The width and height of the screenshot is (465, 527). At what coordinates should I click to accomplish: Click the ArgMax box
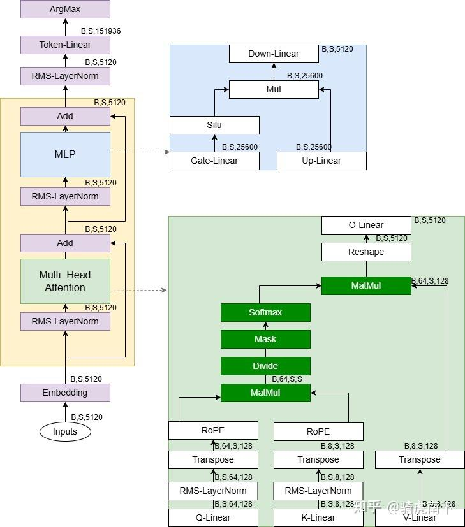click(65, 9)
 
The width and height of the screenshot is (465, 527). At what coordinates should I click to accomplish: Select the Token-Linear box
click(65, 45)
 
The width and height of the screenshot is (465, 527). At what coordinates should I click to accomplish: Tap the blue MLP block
click(65, 154)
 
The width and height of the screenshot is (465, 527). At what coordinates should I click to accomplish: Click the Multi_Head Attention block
click(65, 281)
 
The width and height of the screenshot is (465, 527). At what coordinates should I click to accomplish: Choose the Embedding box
click(65, 393)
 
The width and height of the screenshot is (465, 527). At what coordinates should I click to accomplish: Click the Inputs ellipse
click(65, 431)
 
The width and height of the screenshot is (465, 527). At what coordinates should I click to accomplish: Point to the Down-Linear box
click(274, 54)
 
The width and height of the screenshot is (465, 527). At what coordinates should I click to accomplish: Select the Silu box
click(214, 125)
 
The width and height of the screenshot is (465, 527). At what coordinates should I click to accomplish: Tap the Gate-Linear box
click(214, 161)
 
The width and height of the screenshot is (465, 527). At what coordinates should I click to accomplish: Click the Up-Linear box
click(321, 161)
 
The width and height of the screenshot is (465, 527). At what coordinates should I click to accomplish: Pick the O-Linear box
click(366, 225)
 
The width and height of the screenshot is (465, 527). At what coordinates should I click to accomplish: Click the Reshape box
click(366, 252)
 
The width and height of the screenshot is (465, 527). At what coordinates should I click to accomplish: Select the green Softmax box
click(265, 312)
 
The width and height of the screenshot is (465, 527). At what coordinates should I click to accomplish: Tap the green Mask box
click(265, 339)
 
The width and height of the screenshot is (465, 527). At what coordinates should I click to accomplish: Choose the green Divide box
click(265, 366)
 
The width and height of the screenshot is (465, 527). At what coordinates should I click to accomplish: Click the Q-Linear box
click(213, 517)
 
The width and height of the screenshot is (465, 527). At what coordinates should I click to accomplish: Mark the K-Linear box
click(318, 517)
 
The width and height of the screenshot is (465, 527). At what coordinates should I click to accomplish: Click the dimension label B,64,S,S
click(287, 379)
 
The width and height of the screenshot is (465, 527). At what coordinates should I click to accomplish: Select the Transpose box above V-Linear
click(420, 459)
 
